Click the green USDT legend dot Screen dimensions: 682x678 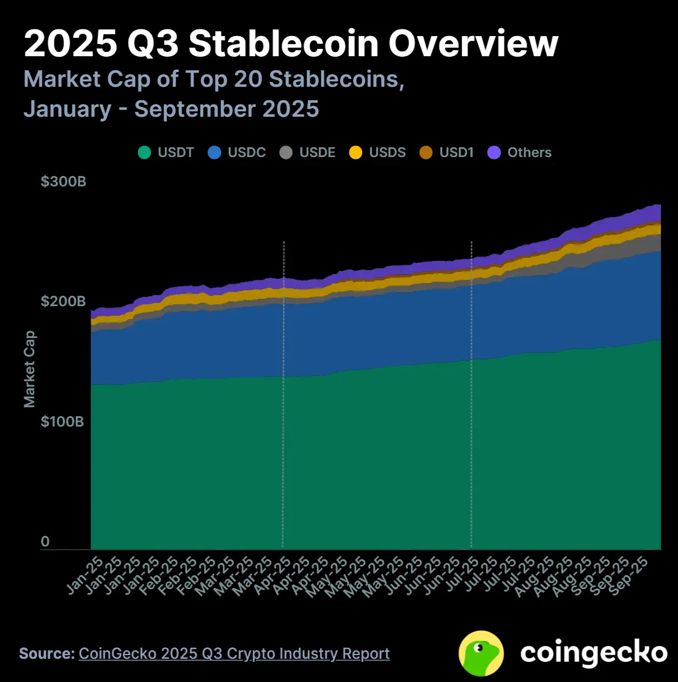pos(144,153)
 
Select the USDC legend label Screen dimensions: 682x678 pos(247,153)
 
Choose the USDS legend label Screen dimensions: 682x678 pos(387,153)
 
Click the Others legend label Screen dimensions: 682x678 pos(530,153)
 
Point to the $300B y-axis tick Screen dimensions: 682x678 pos(64,182)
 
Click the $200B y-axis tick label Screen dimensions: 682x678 pos(64,301)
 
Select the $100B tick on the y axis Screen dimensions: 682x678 pos(64,422)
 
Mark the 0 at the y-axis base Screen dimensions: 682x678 pos(45,541)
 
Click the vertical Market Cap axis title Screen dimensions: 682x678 pos(29,369)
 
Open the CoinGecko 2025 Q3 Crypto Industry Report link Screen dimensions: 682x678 pos(234,653)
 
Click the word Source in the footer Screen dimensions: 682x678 pos(46,653)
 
